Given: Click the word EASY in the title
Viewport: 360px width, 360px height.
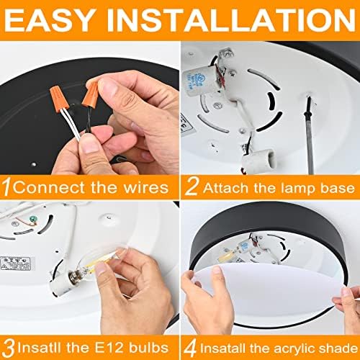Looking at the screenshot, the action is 49,19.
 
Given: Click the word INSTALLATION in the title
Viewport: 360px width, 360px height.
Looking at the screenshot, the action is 231,19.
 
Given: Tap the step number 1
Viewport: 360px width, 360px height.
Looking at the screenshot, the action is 6,187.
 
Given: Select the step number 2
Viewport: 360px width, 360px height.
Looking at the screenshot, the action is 192,187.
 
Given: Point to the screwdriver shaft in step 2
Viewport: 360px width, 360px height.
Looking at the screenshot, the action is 309,135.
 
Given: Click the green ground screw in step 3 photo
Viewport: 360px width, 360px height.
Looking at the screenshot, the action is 33,219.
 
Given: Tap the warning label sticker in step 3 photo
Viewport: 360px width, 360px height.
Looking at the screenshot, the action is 16,264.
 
